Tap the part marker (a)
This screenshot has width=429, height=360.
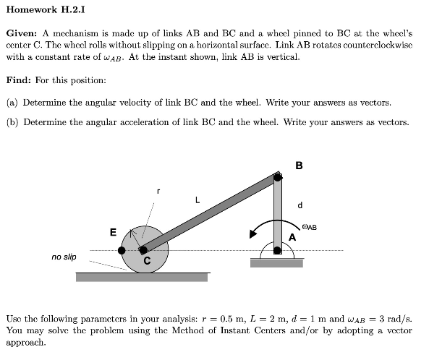pyautogui.click(x=12, y=102)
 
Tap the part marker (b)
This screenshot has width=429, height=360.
pyautogui.click(x=12, y=121)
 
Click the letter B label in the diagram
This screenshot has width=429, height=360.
pyautogui.click(x=299, y=165)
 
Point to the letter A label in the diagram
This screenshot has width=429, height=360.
pyautogui.click(x=292, y=236)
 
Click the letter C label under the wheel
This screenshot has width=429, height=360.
pyautogui.click(x=147, y=261)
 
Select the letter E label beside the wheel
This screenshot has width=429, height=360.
pyautogui.click(x=112, y=231)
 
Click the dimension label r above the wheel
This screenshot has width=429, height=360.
pyautogui.click(x=159, y=192)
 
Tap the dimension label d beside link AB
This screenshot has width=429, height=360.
pyautogui.click(x=299, y=205)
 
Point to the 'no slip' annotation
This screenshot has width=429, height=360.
pyautogui.click(x=64, y=257)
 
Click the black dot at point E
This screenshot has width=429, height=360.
pyautogui.click(x=122, y=250)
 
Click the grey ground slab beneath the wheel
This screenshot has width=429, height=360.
pyautogui.click(x=143, y=277)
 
